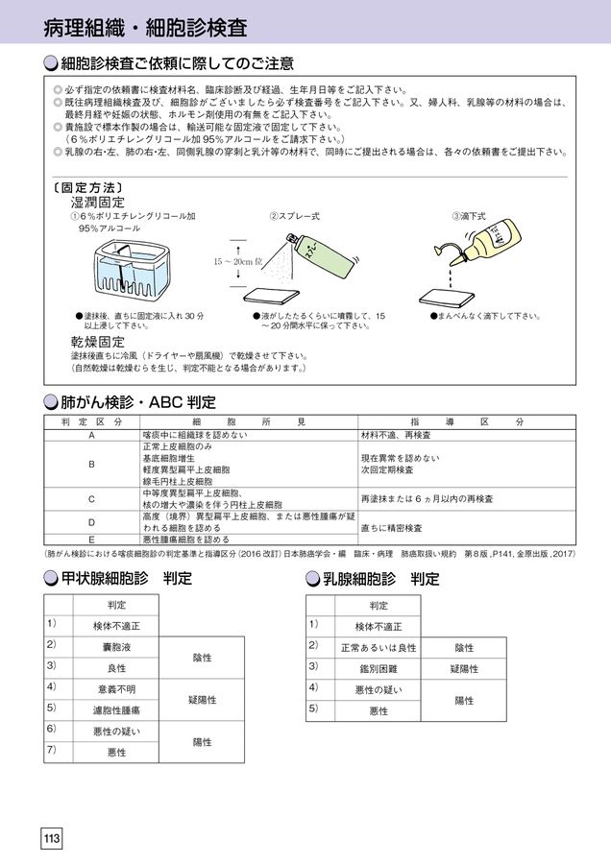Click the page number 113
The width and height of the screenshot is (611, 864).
51,838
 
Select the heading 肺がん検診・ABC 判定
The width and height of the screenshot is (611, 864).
138,400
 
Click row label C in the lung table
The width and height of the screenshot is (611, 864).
91,498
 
